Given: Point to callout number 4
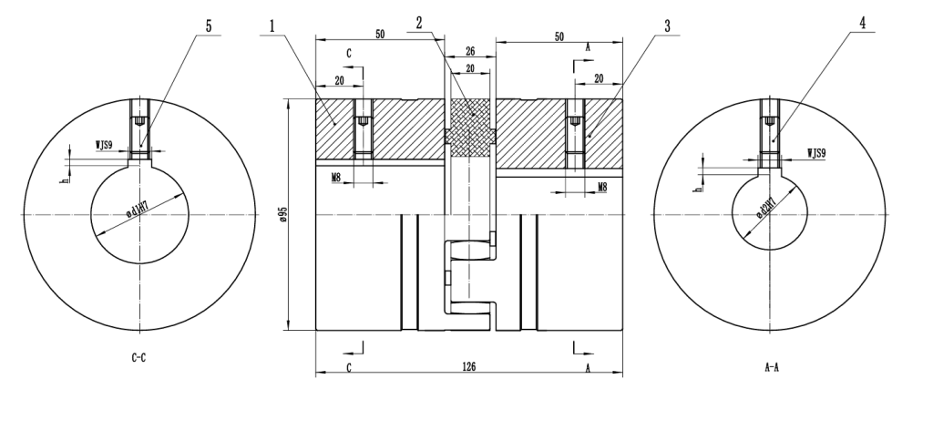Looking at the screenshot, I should [x=861, y=26].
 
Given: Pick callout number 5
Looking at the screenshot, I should [x=209, y=26].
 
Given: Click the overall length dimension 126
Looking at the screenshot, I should [x=469, y=366].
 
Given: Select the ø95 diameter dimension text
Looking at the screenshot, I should [x=283, y=214].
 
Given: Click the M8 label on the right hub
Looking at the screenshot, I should [x=602, y=186].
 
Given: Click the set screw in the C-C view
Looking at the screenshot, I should [x=138, y=121].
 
